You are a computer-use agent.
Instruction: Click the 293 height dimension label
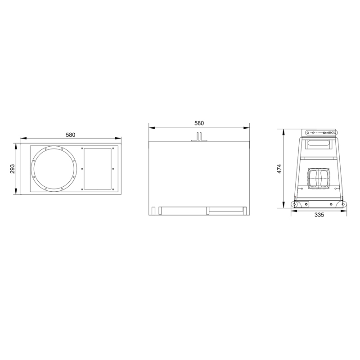point(13,169)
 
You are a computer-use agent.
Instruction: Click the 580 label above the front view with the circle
point(71,135)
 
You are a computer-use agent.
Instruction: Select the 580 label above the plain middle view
point(199,123)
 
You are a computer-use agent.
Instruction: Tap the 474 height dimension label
point(279,169)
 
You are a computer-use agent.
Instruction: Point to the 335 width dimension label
point(319,215)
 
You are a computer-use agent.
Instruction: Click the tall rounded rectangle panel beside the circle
point(98,169)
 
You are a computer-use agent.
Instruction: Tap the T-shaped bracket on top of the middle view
point(199,137)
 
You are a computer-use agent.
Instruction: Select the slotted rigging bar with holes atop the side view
point(321,133)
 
